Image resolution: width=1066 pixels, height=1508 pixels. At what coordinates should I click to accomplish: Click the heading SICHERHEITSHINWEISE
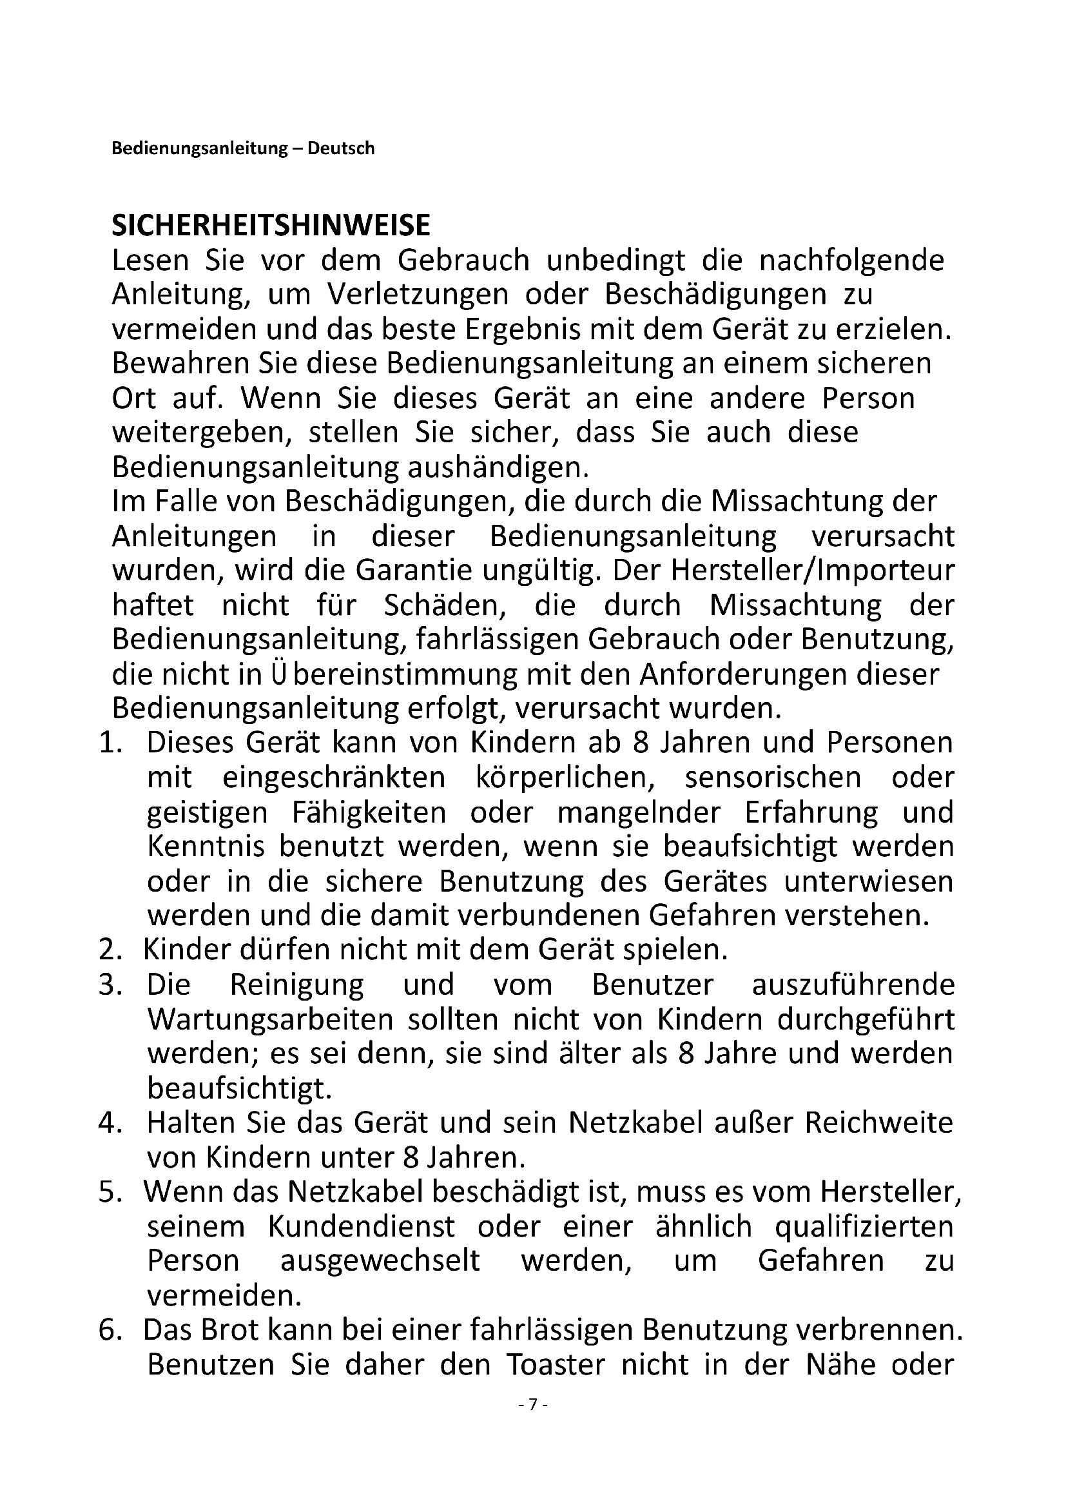click(x=271, y=226)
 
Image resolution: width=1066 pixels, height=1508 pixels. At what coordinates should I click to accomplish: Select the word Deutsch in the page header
click(x=341, y=148)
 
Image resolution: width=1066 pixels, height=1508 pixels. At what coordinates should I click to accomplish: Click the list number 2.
click(x=109, y=950)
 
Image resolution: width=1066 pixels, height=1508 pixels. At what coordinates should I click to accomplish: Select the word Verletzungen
click(x=418, y=294)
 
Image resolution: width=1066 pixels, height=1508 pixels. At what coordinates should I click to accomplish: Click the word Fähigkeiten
click(x=369, y=812)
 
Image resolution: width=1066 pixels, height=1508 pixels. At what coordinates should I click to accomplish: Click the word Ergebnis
click(x=523, y=328)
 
